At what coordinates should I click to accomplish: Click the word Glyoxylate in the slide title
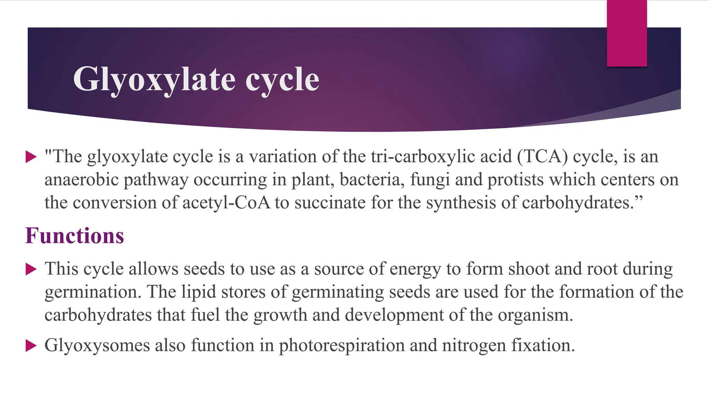(x=154, y=80)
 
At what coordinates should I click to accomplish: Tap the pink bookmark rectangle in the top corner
(x=627, y=33)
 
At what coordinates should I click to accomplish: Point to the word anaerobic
(x=81, y=180)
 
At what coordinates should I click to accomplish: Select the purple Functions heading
(x=74, y=236)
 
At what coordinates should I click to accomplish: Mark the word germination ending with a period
(x=93, y=292)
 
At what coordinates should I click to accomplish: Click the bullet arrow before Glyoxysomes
(x=31, y=345)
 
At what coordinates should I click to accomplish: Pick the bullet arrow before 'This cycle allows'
(x=31, y=269)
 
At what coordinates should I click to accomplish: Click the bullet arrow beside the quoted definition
(x=31, y=157)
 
